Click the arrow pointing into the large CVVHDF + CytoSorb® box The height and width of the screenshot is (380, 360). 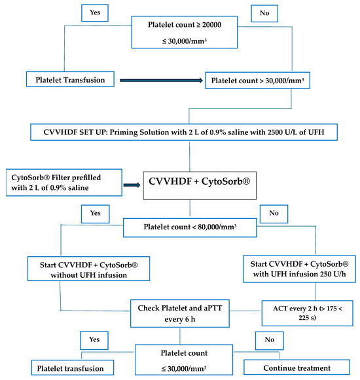pos(133,185)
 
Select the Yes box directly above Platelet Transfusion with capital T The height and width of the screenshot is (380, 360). pos(91,13)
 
